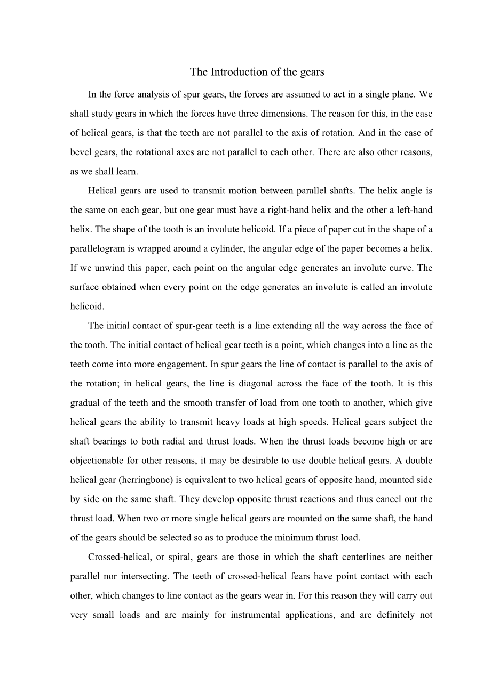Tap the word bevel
pyautogui.click(x=80, y=152)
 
